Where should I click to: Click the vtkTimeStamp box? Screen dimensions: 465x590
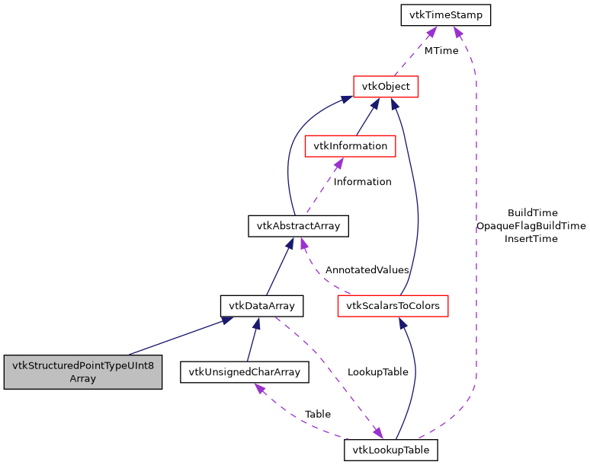pyautogui.click(x=446, y=14)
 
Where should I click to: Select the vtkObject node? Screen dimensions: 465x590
pyautogui.click(x=386, y=86)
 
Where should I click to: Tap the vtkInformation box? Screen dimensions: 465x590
pyautogui.click(x=350, y=145)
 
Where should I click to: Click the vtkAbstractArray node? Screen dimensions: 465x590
pyautogui.click(x=298, y=226)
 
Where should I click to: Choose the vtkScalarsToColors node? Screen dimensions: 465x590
pyautogui.click(x=393, y=306)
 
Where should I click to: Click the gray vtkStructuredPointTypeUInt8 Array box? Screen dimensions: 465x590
pyautogui.click(x=83, y=372)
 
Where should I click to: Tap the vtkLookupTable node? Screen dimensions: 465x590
pyautogui.click(x=391, y=451)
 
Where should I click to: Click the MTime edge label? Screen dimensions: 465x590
pyautogui.click(x=441, y=51)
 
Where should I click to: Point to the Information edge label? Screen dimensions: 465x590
pyautogui.click(x=363, y=182)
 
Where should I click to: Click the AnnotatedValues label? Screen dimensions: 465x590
pyautogui.click(x=367, y=270)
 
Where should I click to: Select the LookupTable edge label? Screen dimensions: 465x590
pyautogui.click(x=378, y=372)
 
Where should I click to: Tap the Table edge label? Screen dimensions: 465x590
pyautogui.click(x=318, y=414)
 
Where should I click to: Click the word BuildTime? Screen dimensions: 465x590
pyautogui.click(x=532, y=213)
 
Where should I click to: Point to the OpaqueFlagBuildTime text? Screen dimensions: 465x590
pyautogui.click(x=531, y=226)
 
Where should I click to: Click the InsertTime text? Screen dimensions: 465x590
pyautogui.click(x=531, y=239)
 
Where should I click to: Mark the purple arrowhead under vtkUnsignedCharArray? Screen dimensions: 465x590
pyautogui.click(x=260, y=388)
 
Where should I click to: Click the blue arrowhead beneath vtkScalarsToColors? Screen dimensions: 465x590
pyautogui.click(x=397, y=323)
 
